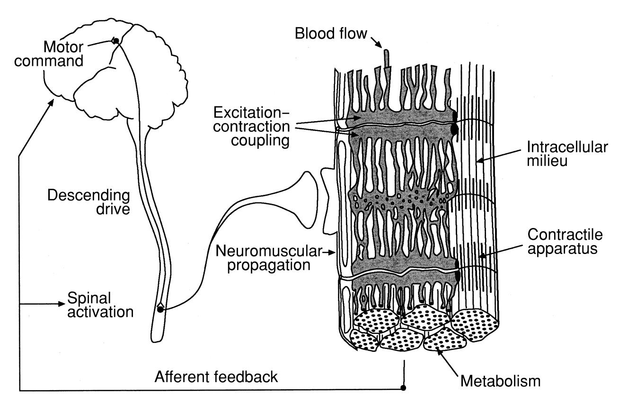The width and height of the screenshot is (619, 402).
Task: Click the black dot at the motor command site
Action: pyautogui.click(x=116, y=41)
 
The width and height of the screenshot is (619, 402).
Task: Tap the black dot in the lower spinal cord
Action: pyautogui.click(x=160, y=309)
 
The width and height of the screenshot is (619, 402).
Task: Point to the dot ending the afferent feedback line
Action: pyautogui.click(x=404, y=388)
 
